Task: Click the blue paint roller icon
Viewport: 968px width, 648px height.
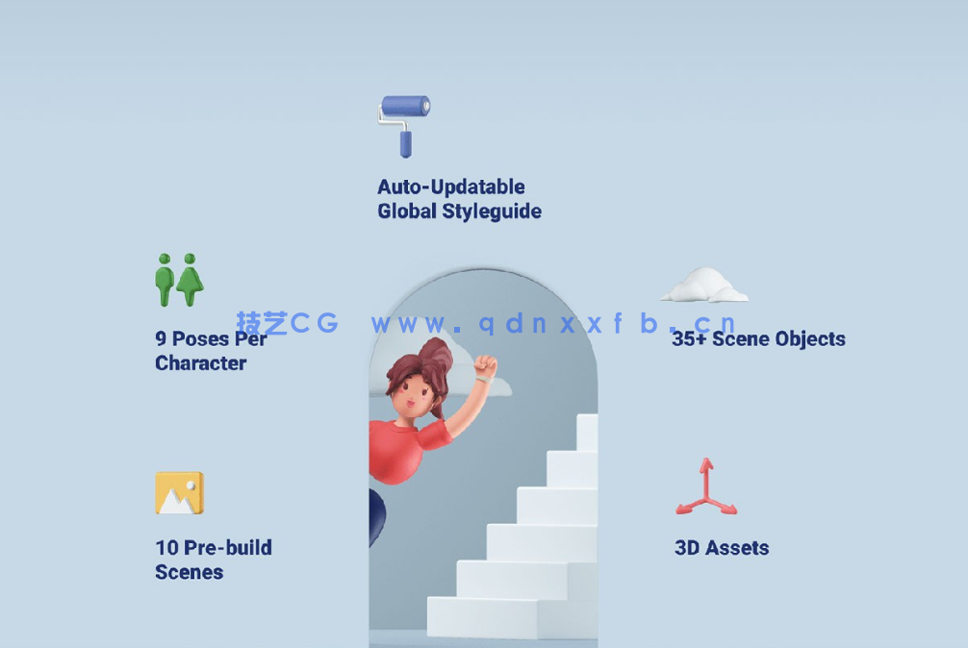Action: pyautogui.click(x=404, y=126)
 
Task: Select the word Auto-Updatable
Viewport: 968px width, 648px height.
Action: pyautogui.click(x=451, y=187)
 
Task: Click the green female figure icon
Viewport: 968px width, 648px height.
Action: pyautogui.click(x=191, y=280)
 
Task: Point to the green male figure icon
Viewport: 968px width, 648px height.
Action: pyautogui.click(x=165, y=280)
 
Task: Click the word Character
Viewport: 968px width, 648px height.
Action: pyautogui.click(x=201, y=363)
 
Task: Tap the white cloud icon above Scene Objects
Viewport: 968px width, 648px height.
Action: pyautogui.click(x=704, y=286)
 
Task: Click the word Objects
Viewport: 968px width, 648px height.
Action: pyautogui.click(x=810, y=339)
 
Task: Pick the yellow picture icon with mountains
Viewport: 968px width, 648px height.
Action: pyautogui.click(x=180, y=493)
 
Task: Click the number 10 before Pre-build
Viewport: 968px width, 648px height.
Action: pyautogui.click(x=166, y=547)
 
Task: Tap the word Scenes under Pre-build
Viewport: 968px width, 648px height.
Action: pyautogui.click(x=189, y=572)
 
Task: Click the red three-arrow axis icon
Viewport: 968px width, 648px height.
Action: pyautogui.click(x=706, y=487)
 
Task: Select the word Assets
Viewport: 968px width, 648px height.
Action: pyautogui.click(x=737, y=548)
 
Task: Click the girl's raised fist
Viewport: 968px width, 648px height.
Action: pyautogui.click(x=485, y=367)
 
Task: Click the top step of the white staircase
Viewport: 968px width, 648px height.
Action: pyautogui.click(x=587, y=433)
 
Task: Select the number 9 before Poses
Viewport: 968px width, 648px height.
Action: pyautogui.click(x=161, y=338)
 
